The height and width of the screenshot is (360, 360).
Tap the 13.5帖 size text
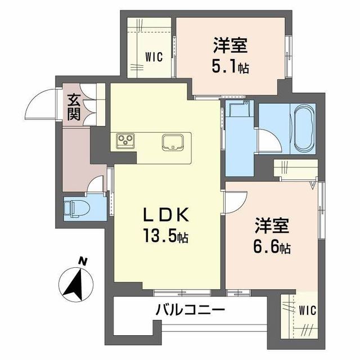tap(165, 236)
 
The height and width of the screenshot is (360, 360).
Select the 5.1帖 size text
tap(230, 66)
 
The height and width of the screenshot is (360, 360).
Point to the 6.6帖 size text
tap(271, 246)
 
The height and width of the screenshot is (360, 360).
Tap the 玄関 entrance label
tap(74, 107)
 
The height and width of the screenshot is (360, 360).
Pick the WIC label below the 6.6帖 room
tap(307, 310)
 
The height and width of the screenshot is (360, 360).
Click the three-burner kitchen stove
tap(125, 141)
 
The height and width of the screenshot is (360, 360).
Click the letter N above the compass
tap(83, 261)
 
